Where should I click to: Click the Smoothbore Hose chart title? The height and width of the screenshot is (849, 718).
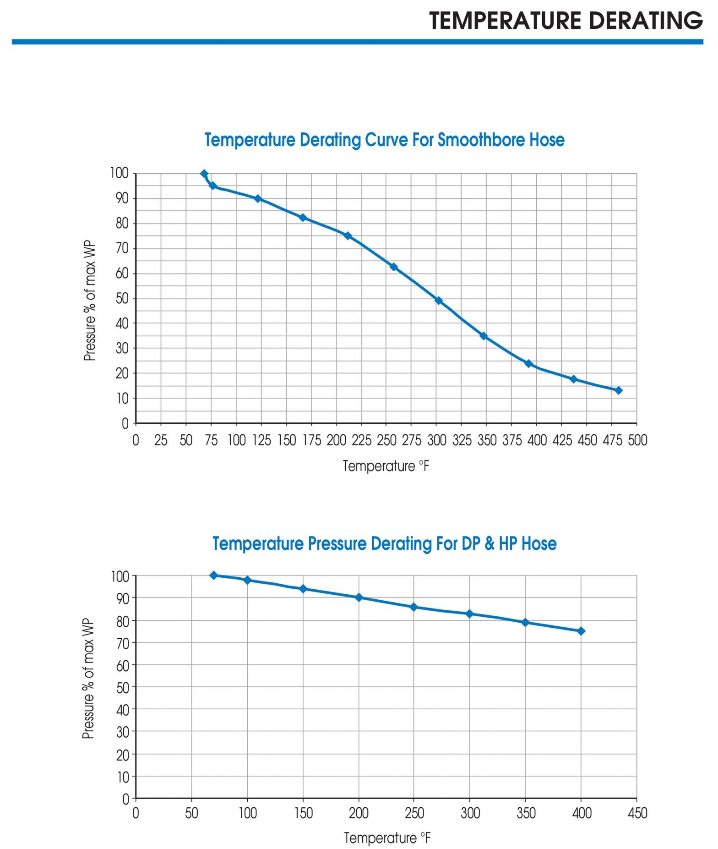coord(384,140)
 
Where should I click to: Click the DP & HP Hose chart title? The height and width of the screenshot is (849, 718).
coord(384,543)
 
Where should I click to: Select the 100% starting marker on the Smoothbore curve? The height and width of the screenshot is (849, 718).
coord(204,174)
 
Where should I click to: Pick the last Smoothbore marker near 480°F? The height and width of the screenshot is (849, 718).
coord(618,390)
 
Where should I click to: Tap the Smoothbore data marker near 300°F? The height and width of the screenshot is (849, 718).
coord(438,301)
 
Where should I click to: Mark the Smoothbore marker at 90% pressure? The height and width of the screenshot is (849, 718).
coord(258,198)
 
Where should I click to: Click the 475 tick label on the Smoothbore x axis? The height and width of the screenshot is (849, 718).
coord(612,440)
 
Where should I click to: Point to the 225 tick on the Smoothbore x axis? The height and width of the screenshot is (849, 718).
coord(361,440)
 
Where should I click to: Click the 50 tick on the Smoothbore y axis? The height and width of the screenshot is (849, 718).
coord(122,299)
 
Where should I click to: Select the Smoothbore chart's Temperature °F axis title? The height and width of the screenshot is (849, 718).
coord(386,466)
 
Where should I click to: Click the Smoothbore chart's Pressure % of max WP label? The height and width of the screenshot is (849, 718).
coord(90,300)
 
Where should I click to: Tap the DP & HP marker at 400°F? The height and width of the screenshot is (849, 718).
coord(581,631)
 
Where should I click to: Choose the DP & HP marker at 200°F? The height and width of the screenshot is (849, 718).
coord(359,597)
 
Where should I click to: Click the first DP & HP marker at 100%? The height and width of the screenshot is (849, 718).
coord(213,575)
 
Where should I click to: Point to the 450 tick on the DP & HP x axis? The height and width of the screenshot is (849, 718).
coord(637,813)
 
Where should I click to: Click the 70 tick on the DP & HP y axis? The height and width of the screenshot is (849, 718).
coord(123,643)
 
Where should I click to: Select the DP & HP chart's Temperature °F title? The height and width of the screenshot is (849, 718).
coord(387,838)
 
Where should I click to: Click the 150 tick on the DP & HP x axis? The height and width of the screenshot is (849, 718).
coord(303,813)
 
